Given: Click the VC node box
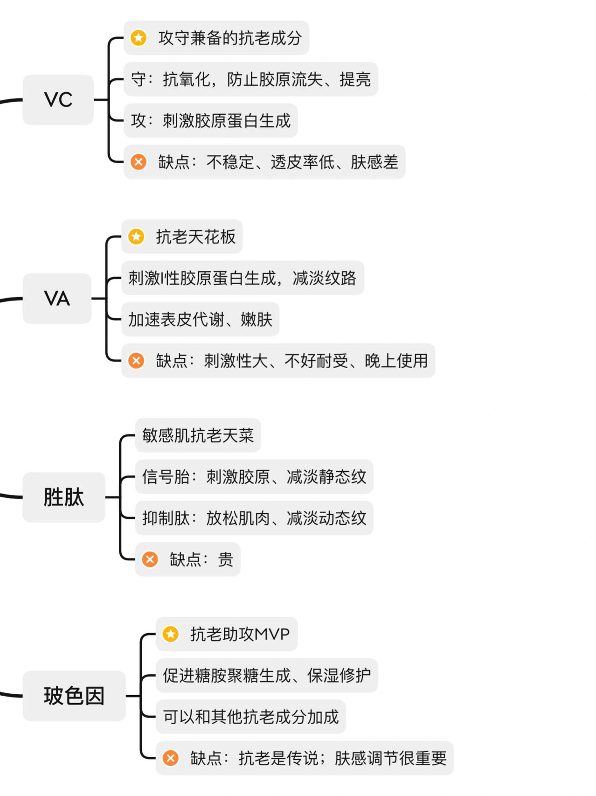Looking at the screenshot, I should tap(58, 99).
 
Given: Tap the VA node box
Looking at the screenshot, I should tap(57, 299).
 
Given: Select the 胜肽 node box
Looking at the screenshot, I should tap(64, 497).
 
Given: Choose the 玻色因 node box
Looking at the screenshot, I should tap(74, 696).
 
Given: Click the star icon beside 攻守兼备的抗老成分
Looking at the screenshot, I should tap(139, 38).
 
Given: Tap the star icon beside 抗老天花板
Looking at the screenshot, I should tap(136, 237).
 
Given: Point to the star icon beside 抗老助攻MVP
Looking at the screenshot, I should tap(171, 634).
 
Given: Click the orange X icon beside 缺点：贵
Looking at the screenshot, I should tap(150, 559).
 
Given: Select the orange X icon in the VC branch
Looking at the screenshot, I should tap(139, 162).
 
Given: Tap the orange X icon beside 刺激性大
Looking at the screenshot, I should tap(136, 361).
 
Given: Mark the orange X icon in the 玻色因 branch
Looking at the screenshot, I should tap(171, 758).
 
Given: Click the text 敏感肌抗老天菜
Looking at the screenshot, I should tap(198, 435).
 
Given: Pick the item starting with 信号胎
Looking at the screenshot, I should tap(254, 477).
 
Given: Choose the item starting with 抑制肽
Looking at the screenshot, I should tap(254, 518).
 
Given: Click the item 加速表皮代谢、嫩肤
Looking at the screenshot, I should tap(200, 320).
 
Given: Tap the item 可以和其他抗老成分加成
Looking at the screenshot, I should tap(250, 717).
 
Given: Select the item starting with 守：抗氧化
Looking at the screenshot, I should tap(250, 79).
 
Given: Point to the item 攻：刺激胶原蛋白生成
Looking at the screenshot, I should tap(210, 121).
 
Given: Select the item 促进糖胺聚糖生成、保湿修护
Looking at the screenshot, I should tap(266, 676).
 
